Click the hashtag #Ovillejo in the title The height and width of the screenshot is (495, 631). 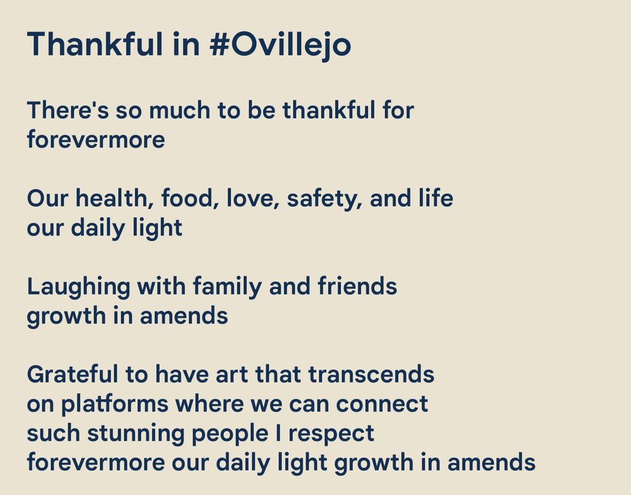pyautogui.click(x=280, y=44)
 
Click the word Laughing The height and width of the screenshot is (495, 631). pyautogui.click(x=78, y=287)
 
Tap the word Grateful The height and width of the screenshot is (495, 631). pyautogui.click(x=72, y=375)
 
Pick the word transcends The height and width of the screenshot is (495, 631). pyautogui.click(x=371, y=375)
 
